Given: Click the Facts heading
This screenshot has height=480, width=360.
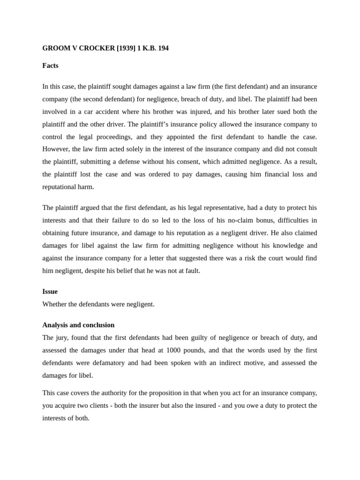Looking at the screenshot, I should (x=50, y=66).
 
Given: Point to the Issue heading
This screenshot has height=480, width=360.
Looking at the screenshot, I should (x=50, y=292).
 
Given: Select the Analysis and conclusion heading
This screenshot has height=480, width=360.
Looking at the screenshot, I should (x=78, y=325).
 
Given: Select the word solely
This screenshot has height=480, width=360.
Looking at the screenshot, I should (x=124, y=149).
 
